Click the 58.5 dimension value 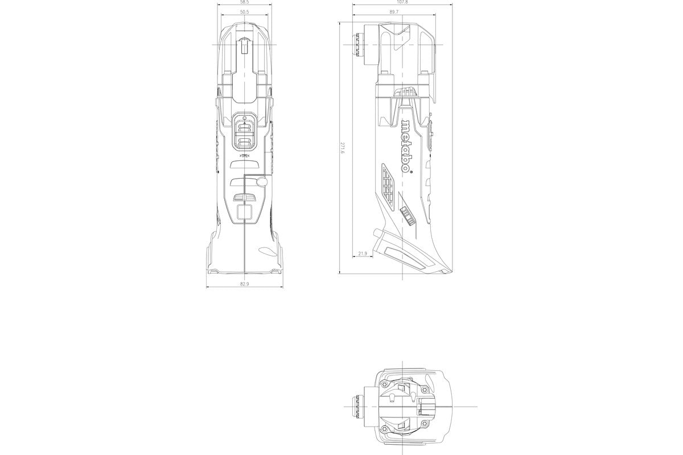coord(244,3)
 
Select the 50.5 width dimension coord(244,12)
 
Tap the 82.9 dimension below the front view coord(245,283)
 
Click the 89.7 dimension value coord(394,12)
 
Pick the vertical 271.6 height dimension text coord(342,148)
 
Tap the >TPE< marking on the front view coord(244,155)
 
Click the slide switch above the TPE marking coord(244,131)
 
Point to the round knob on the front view coord(261,182)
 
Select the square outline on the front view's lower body coord(244,213)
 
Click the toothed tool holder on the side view coord(359,45)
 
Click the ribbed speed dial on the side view coord(405,215)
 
